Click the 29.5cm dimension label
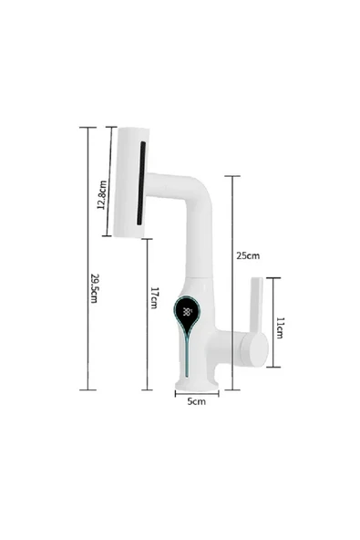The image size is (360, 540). coord(95,289)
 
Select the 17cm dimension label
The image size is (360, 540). coord(154,298)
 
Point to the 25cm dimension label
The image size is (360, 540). coord(248,255)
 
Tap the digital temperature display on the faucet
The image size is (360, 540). coord(187,311)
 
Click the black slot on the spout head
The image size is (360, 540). coord(141,182)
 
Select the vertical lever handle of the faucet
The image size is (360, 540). coord(254,306)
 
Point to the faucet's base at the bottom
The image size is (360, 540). coord(196,376)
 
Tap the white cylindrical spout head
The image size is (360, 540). coord(129,181)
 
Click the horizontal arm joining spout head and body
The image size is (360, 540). coord(173,185)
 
